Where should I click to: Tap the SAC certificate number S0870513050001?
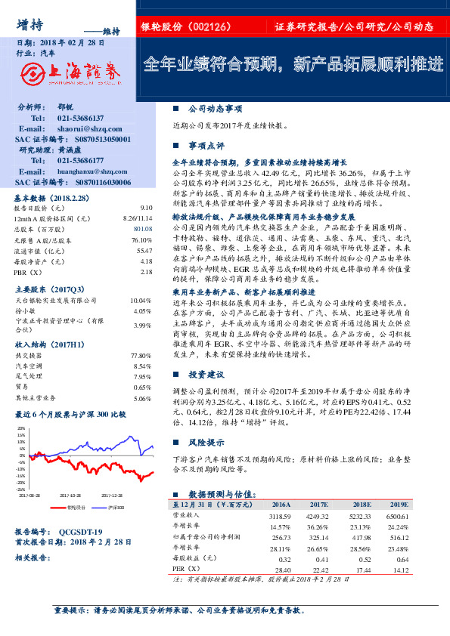tap(96, 140)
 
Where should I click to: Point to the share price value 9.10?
tap(146, 206)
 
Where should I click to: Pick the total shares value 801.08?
tap(143, 228)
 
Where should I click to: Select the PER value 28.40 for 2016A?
tap(281, 569)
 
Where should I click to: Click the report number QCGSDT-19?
tap(84, 532)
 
